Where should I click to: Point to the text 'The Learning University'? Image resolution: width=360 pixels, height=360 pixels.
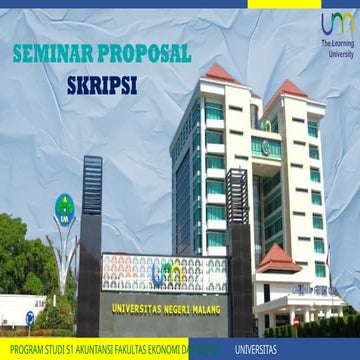pos(337,50)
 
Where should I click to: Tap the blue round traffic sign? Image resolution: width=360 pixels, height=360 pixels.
pos(29,318)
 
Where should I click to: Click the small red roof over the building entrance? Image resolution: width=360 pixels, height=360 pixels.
pos(279,259)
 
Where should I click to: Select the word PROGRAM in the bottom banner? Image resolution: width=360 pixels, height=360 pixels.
pos(22,350)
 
